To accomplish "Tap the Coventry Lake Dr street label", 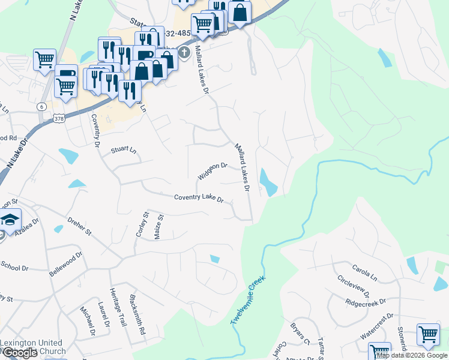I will [x=199, y=198].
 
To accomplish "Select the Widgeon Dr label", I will [x=212, y=170].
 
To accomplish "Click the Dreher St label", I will [x=79, y=227].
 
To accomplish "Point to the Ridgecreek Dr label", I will [x=366, y=301].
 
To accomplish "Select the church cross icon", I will [x=184, y=53].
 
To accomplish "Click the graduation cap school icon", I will [x=10, y=220].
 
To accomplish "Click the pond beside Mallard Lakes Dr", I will [x=268, y=182].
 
